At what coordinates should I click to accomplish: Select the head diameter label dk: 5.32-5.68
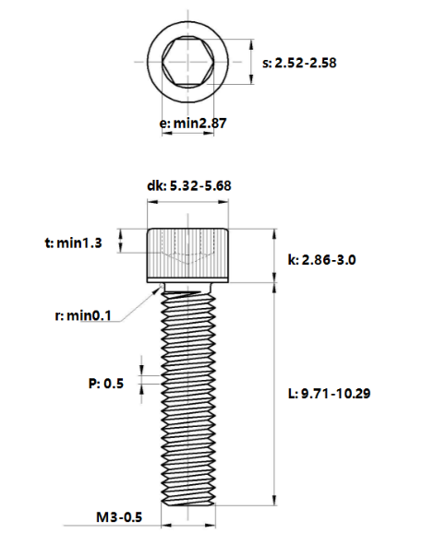pos(188,184)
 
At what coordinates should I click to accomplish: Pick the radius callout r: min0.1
pos(83,315)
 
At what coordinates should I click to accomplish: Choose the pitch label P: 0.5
pos(106,383)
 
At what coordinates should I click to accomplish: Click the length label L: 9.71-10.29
pos(329,394)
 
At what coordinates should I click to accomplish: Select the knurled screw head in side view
pos(188,255)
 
